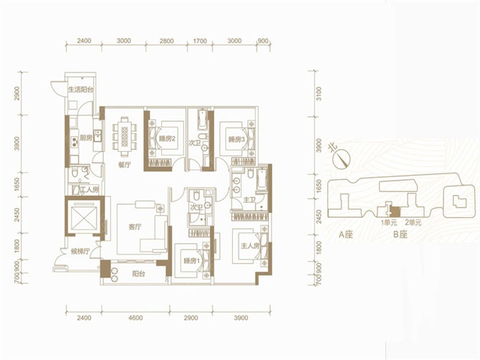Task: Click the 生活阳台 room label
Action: click(82, 90)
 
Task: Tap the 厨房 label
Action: click(86, 138)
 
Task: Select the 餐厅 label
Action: click(123, 164)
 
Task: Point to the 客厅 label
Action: click(136, 227)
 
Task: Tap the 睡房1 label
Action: click(191, 260)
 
